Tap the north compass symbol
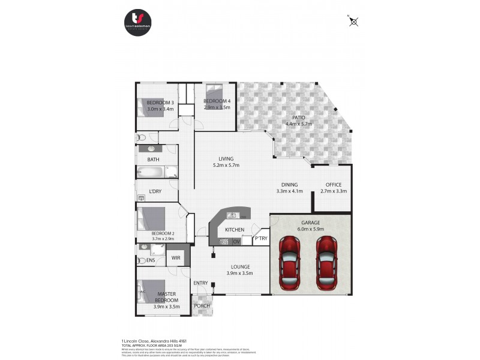(x=353, y=22)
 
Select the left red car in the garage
(x=290, y=262)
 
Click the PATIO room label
(x=299, y=118)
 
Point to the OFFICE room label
(x=333, y=184)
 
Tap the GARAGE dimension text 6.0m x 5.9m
(x=310, y=229)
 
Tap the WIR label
(x=176, y=257)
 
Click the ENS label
(x=151, y=260)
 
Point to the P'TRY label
(x=260, y=238)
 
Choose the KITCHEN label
(x=234, y=230)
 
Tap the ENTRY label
(x=200, y=283)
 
